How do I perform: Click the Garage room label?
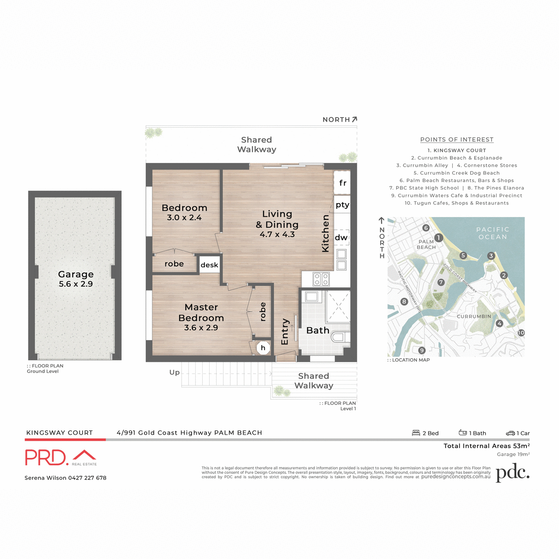tap(75, 274)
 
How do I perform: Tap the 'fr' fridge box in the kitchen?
tap(342, 183)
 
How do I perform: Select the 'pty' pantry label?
tap(342, 205)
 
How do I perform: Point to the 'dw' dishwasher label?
tap(341, 238)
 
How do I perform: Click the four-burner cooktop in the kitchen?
tap(321, 279)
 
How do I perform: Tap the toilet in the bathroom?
tap(339, 337)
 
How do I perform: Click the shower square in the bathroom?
tap(338, 307)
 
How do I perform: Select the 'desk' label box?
tap(209, 265)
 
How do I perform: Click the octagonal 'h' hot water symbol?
tap(263, 348)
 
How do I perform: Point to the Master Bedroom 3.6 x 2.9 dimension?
tap(201, 328)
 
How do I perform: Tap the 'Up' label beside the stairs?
tap(174, 372)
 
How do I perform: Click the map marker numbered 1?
tap(438, 238)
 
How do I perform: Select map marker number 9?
tap(422, 350)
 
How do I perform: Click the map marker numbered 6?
tap(426, 228)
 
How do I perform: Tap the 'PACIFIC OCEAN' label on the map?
tap(492, 233)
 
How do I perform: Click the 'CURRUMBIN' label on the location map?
tap(474, 316)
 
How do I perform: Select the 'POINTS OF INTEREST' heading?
tap(457, 139)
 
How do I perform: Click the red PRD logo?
tap(47, 457)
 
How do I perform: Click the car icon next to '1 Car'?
tap(511, 433)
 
